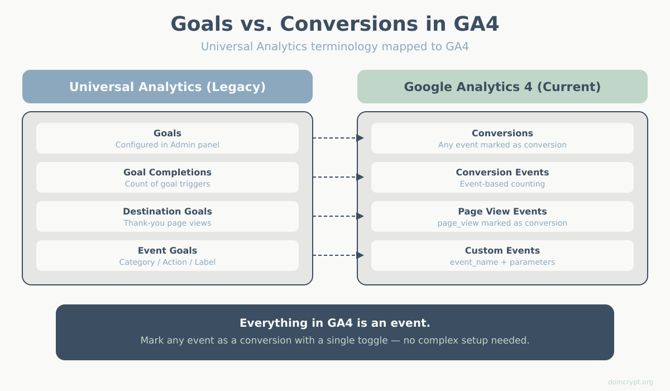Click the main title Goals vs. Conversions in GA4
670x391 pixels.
[334, 24]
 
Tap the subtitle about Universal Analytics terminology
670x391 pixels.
[334, 46]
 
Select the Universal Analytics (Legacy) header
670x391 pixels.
[167, 87]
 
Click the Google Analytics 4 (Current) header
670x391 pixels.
[502, 87]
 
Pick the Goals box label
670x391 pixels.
[167, 133]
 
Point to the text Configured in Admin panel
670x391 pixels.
[167, 145]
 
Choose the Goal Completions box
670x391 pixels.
[167, 177]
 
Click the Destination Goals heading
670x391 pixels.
[167, 211]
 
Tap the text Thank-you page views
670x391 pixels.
[167, 223]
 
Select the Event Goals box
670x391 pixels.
[167, 255]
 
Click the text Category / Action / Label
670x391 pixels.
[167, 262]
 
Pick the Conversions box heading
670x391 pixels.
[502, 133]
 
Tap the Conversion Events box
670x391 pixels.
[502, 177]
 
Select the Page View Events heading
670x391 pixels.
[502, 211]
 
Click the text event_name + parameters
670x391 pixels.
[502, 262]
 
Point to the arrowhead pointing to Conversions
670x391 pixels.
[360, 138]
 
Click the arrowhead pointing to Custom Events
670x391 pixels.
[360, 255]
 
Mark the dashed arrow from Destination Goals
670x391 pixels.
[335, 216]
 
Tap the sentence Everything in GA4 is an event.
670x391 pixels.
[334, 323]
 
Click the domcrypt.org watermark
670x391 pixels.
[630, 382]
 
